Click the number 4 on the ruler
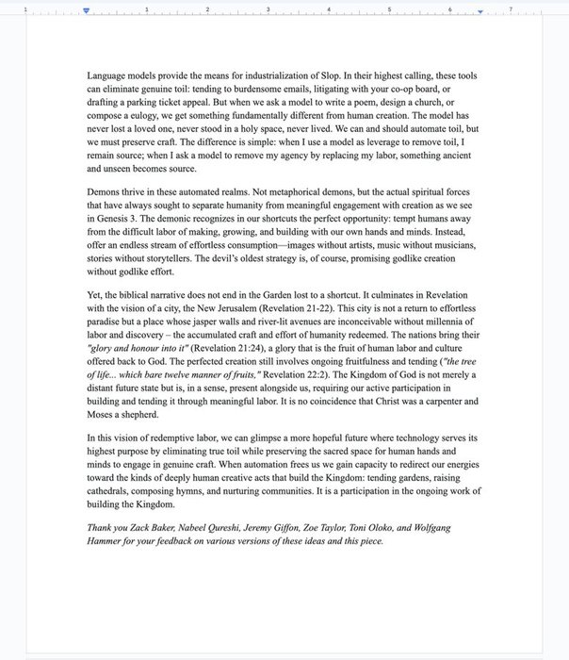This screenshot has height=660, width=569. click(329, 9)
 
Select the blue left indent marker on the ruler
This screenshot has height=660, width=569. click(87, 10)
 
